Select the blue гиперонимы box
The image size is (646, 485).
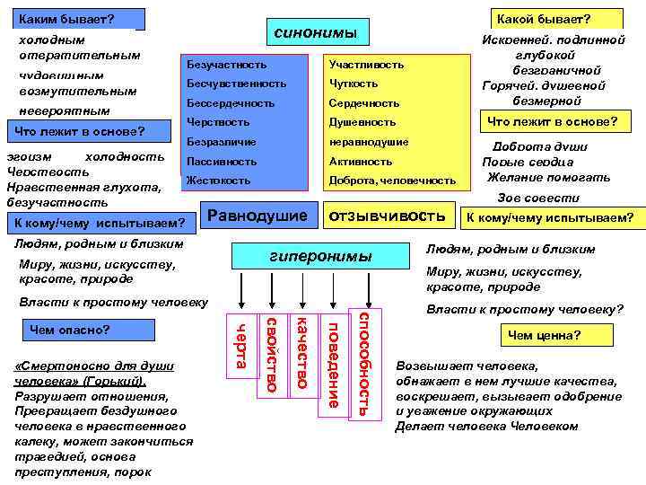(321, 257)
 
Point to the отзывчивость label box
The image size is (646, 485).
(388, 216)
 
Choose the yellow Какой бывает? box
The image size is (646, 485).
(556, 19)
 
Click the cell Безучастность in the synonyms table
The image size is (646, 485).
(226, 65)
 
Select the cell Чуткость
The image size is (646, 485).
(354, 84)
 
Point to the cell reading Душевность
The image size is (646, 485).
(362, 122)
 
